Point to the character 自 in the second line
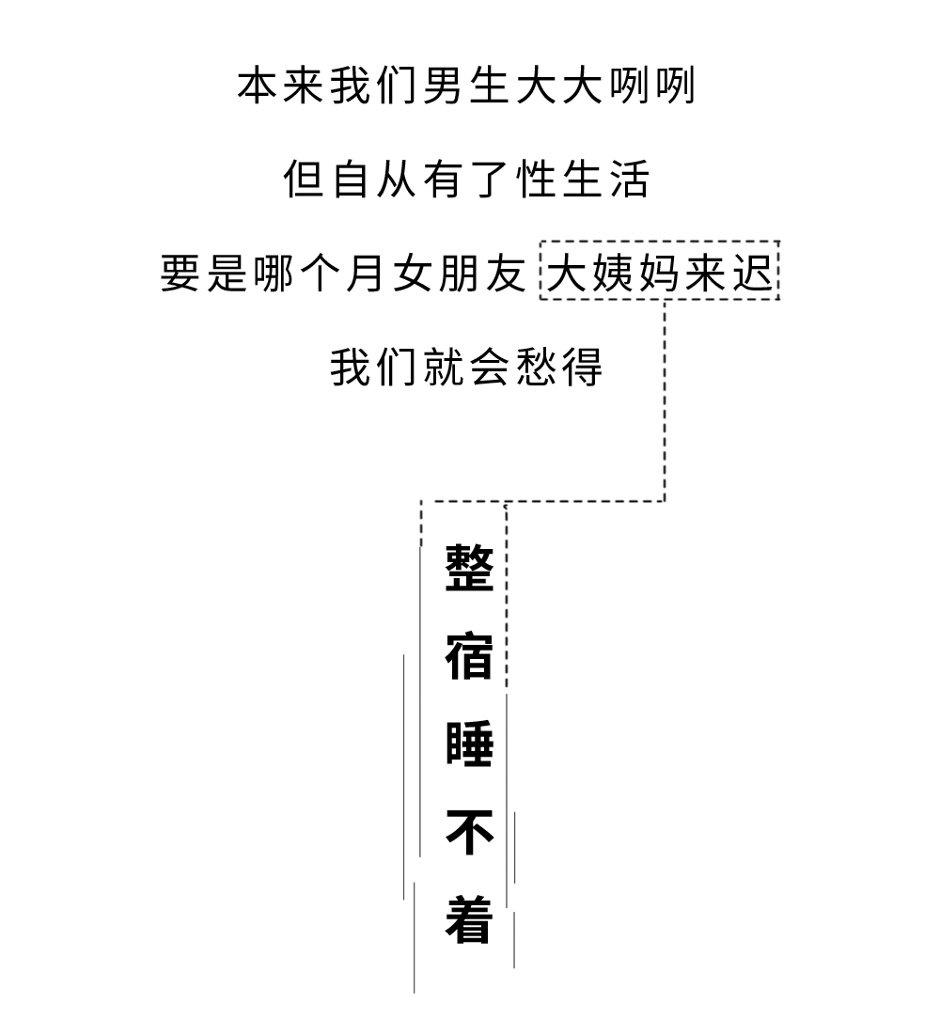(351, 179)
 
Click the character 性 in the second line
(537, 179)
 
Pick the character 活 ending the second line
(630, 179)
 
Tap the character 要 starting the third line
(180, 273)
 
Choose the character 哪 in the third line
(274, 273)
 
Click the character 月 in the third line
(366, 273)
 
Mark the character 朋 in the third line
(459, 273)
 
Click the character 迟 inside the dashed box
(753, 273)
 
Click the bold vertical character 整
(469, 568)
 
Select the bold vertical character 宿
(469, 656)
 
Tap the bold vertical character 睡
(469, 744)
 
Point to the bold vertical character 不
(469, 832)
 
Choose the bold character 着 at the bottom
(469, 919)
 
